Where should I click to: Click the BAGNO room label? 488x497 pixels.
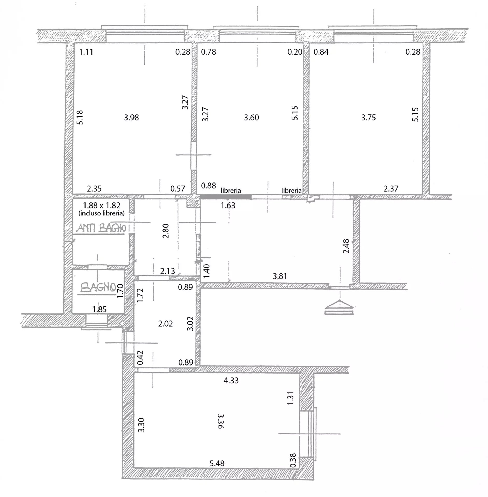[x=98, y=287]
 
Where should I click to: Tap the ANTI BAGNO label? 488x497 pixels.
[x=102, y=228]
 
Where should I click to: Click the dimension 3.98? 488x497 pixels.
[x=131, y=118]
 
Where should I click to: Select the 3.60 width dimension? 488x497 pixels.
[x=251, y=118]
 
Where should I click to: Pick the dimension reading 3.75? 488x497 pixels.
[x=368, y=118]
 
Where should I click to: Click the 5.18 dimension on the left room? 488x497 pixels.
[x=80, y=118]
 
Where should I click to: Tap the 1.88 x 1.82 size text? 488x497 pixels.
[x=102, y=205]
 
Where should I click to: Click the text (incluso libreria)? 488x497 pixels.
[x=102, y=213]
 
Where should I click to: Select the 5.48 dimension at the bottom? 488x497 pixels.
[x=217, y=463]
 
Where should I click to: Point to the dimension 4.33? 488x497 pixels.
[x=231, y=381]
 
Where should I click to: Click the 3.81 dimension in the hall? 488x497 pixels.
[x=280, y=276]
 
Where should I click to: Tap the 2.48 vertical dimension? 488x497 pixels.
[x=346, y=246]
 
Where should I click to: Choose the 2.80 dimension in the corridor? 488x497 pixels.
[x=166, y=231]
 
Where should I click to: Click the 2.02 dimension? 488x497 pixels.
[x=165, y=324]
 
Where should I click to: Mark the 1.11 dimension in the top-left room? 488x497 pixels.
[x=86, y=52]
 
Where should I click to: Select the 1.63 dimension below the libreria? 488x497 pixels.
[x=228, y=206]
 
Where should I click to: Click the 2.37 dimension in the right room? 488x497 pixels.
[x=391, y=188]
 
